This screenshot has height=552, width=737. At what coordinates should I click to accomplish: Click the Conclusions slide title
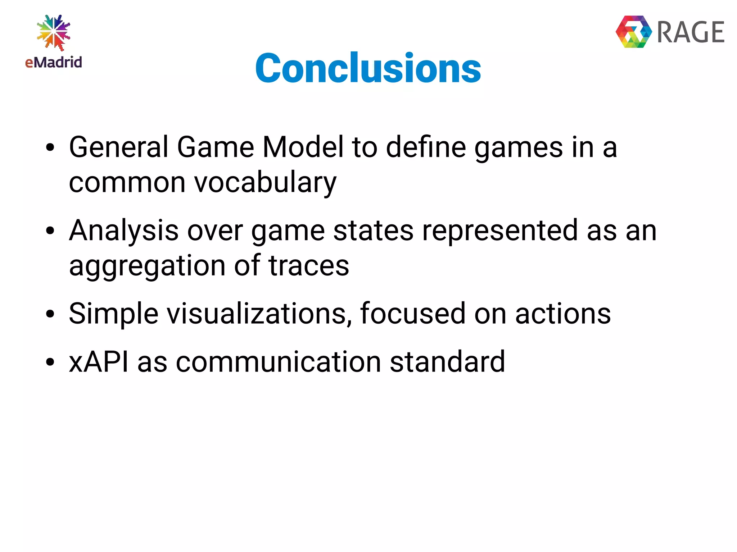[x=368, y=68]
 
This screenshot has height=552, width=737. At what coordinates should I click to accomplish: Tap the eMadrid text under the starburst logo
[x=54, y=62]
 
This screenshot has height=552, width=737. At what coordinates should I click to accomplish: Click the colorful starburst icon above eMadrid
[x=54, y=32]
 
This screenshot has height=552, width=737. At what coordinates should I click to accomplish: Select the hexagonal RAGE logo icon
[x=634, y=32]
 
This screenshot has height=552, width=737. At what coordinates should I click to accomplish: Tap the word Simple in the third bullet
[x=113, y=314]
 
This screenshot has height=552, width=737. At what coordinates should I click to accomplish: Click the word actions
[x=563, y=314]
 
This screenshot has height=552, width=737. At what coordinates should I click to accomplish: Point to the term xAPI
[x=99, y=361]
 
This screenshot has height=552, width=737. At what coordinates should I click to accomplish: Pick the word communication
[x=278, y=361]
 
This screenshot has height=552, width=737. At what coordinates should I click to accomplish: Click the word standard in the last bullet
[x=447, y=361]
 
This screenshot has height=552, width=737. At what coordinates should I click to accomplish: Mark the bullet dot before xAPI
[x=50, y=362]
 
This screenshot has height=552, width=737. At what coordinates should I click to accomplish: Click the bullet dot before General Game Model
[x=50, y=147]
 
